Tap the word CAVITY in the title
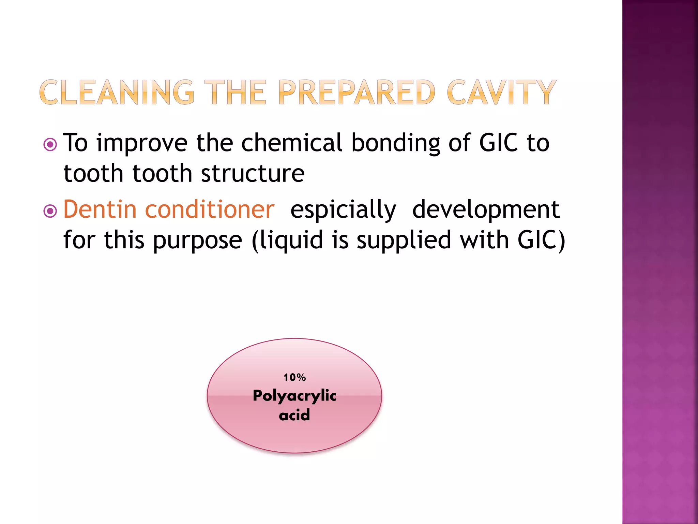[501, 92]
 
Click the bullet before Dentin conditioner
[50, 211]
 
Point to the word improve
[142, 143]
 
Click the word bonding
[396, 143]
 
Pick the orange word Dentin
[100, 209]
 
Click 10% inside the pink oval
[294, 377]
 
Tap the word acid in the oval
[294, 415]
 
